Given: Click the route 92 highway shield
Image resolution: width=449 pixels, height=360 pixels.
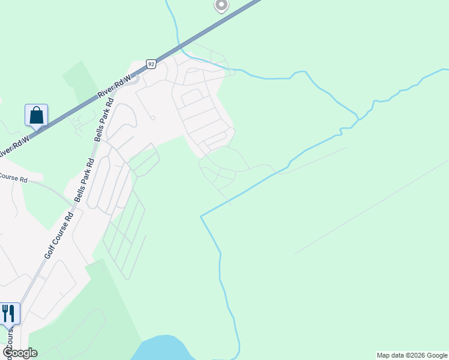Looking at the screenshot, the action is click(x=151, y=64).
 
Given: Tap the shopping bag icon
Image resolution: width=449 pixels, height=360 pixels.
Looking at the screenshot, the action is click(x=36, y=115).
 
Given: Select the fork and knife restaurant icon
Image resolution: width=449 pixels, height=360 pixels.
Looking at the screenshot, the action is click(x=8, y=313).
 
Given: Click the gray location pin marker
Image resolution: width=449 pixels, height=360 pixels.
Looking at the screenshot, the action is click(x=221, y=5).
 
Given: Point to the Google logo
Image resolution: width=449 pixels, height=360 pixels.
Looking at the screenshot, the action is click(x=19, y=353).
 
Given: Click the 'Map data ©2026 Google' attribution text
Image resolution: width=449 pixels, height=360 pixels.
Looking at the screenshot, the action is click(x=412, y=355).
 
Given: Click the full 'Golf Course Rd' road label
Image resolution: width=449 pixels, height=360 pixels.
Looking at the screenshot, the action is click(x=59, y=234).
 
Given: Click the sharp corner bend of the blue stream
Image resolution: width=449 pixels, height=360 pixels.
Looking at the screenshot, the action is click(x=201, y=216).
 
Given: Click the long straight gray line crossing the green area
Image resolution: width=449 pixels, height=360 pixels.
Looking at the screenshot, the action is click(x=372, y=206).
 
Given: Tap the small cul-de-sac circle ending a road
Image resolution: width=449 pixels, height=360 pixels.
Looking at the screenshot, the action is click(x=152, y=118).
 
